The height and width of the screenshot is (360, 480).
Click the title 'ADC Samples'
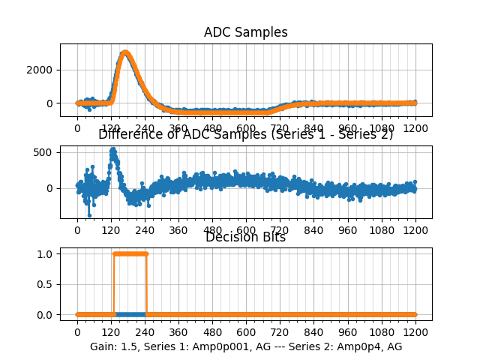[x=245, y=32]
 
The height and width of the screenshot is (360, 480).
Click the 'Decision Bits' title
[x=245, y=237]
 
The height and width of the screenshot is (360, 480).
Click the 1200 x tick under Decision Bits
[x=415, y=332]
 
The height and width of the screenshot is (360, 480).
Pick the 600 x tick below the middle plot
[x=246, y=230]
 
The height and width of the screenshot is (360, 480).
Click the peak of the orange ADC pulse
[x=125, y=52]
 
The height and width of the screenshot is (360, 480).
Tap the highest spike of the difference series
[x=112, y=149]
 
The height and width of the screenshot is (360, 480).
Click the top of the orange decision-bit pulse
[x=130, y=253]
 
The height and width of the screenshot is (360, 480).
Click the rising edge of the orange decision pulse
[x=113, y=283]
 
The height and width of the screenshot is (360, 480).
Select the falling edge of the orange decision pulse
[x=146, y=283]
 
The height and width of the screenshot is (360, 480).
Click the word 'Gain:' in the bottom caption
[x=103, y=346]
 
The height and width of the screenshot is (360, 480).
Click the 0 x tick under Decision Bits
[x=77, y=332]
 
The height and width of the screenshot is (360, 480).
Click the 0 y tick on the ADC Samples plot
[x=52, y=103]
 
